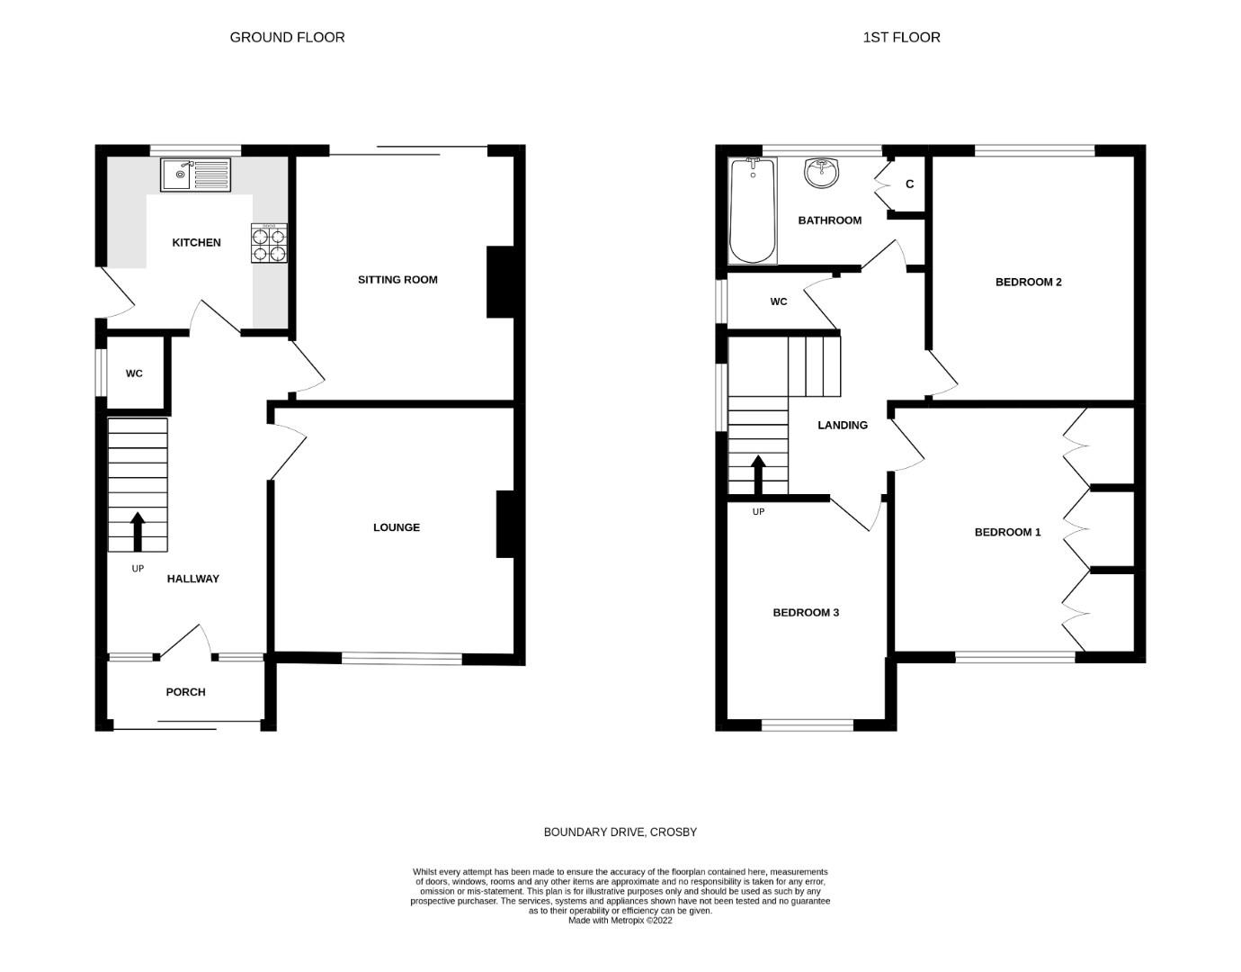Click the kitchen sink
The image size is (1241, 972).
coord(195,175)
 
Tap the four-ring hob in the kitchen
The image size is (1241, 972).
coord(269,243)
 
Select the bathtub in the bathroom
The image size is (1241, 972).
coord(753,211)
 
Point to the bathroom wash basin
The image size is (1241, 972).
coord(822,173)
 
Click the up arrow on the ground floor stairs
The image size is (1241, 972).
coord(138,531)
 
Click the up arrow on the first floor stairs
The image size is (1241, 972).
coord(758,474)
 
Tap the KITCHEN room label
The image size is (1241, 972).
coord(196,242)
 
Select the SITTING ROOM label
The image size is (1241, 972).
coord(397,279)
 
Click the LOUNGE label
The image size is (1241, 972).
coord(397,527)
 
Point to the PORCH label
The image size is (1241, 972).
coord(185,692)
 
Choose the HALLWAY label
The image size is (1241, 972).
coord(193,579)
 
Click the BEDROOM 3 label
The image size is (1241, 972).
coord(806,613)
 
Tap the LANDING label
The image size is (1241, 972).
coord(843,425)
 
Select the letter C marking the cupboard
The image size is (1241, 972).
coord(910,184)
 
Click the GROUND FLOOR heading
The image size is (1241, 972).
coord(287,38)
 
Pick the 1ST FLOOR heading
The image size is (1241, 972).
coord(901,38)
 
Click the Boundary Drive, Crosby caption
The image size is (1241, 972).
coord(620,832)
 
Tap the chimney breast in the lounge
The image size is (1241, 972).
coord(505,524)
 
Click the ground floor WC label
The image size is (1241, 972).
coord(134,373)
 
